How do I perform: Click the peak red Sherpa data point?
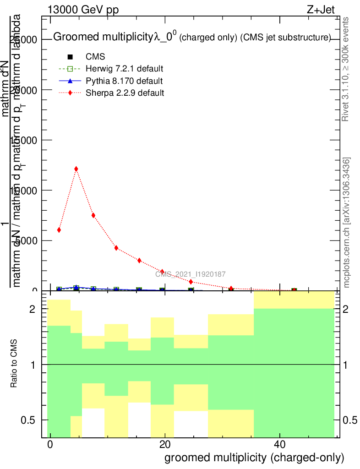pos(76,169)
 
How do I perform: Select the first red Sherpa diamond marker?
pos(59,230)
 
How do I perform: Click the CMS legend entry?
pos(95,57)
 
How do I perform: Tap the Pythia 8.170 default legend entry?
pos(124,81)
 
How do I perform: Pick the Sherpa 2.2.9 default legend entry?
pos(125,93)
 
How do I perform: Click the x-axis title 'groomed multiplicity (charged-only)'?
pos(254,457)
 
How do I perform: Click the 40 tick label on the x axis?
pos(279,445)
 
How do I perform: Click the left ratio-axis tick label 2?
pos(33,310)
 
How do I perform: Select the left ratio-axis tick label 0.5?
pos(29,420)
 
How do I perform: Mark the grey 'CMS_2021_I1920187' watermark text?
pos(190,274)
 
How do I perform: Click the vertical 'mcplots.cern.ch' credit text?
pos(347,223)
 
